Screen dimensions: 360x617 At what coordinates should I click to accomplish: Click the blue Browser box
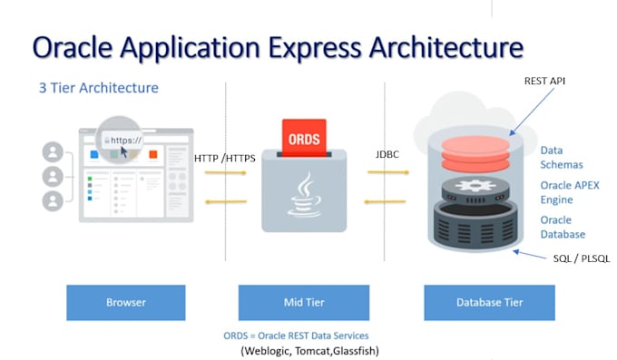(x=125, y=303)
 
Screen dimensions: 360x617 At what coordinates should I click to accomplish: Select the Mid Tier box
(x=303, y=303)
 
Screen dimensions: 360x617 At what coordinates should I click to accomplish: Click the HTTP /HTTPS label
(x=224, y=159)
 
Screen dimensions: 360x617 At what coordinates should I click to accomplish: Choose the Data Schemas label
(x=562, y=158)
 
